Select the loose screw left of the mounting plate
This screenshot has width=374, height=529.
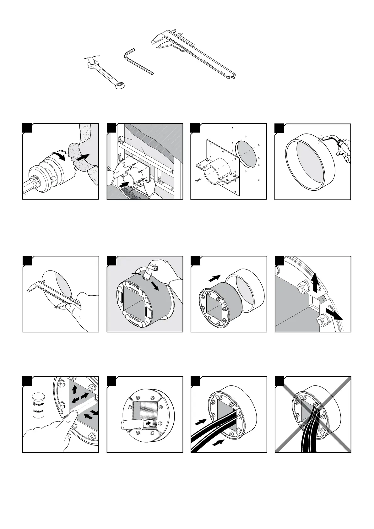pyautogui.click(x=199, y=180)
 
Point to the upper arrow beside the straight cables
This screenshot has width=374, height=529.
pyautogui.click(x=201, y=422)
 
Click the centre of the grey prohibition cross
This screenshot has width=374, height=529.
pyautogui.click(x=313, y=414)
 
